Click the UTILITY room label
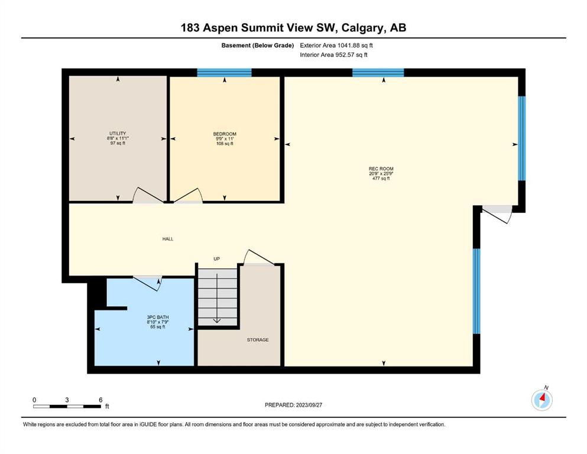tap(118, 133)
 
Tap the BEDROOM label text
tap(225, 134)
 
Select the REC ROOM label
tap(381, 169)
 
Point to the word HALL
tap(168, 239)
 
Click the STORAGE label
tap(258, 340)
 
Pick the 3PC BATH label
tap(158, 317)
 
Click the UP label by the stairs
tap(216, 259)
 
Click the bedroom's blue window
tap(224, 73)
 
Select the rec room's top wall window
tap(378, 73)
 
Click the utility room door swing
tap(148, 194)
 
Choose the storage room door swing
tap(258, 257)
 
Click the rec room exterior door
tap(497, 214)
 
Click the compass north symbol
tap(541, 400)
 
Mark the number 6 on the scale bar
tap(100, 400)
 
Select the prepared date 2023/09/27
tap(309, 405)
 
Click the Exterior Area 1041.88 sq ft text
tap(336, 46)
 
